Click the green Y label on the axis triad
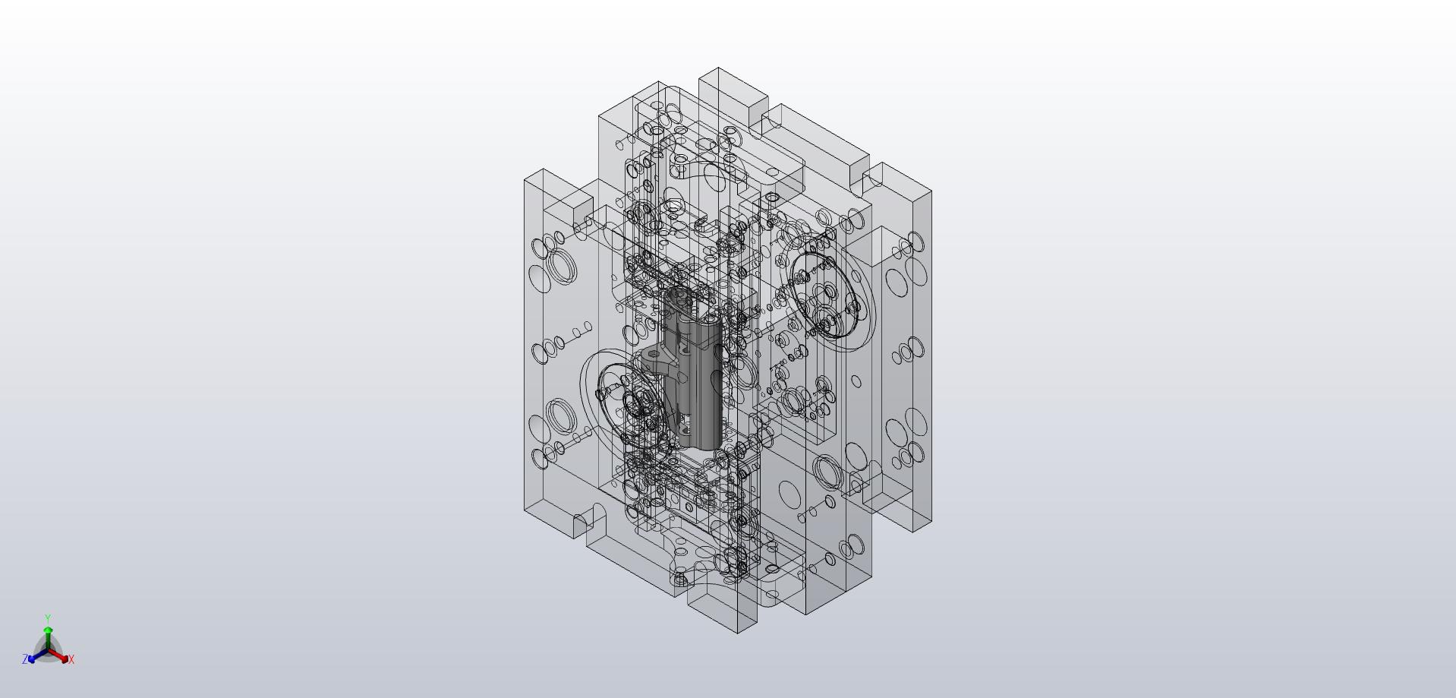[x=48, y=618]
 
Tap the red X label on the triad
[x=71, y=659]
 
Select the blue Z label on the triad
[x=25, y=659]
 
